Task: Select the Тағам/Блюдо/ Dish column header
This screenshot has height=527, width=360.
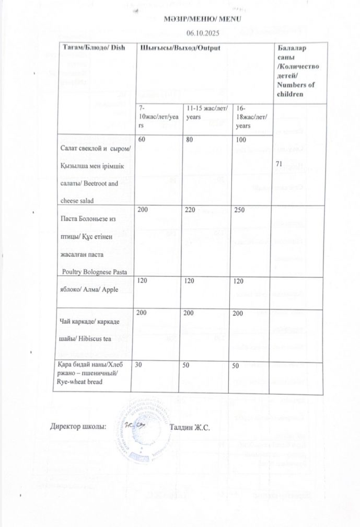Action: [x=87, y=48]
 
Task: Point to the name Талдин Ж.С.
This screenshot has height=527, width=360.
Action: [x=190, y=427]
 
